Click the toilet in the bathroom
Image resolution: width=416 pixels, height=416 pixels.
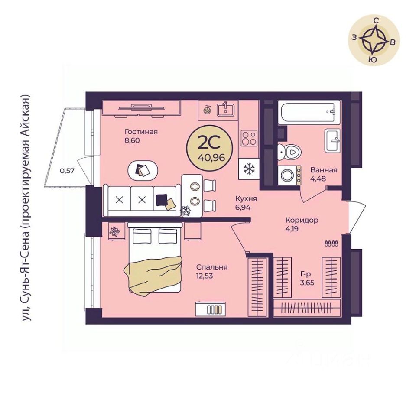tap(289, 152)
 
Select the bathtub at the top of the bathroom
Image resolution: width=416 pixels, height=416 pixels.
tap(309, 112)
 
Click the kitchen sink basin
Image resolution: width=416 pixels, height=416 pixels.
tap(225, 109)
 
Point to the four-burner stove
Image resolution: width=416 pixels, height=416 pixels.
tap(249, 138)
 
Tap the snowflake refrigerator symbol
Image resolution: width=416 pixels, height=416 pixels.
tap(249, 169)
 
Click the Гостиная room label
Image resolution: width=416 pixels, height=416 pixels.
tap(141, 132)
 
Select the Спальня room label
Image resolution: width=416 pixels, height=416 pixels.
tap(212, 267)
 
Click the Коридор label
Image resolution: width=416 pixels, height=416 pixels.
tap(302, 220)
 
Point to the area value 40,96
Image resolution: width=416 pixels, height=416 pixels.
tap(211, 158)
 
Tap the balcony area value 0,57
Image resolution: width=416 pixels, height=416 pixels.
tap(67, 171)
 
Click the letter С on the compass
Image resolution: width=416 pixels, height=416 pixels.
tap(376, 20)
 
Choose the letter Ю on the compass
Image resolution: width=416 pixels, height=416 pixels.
tap(373, 59)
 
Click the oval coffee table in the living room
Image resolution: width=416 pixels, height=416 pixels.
tap(143, 170)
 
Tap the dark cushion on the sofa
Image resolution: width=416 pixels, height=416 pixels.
tap(162, 200)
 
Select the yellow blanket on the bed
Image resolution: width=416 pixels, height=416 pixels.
tap(153, 275)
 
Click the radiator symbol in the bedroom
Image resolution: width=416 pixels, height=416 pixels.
tap(211, 309)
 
